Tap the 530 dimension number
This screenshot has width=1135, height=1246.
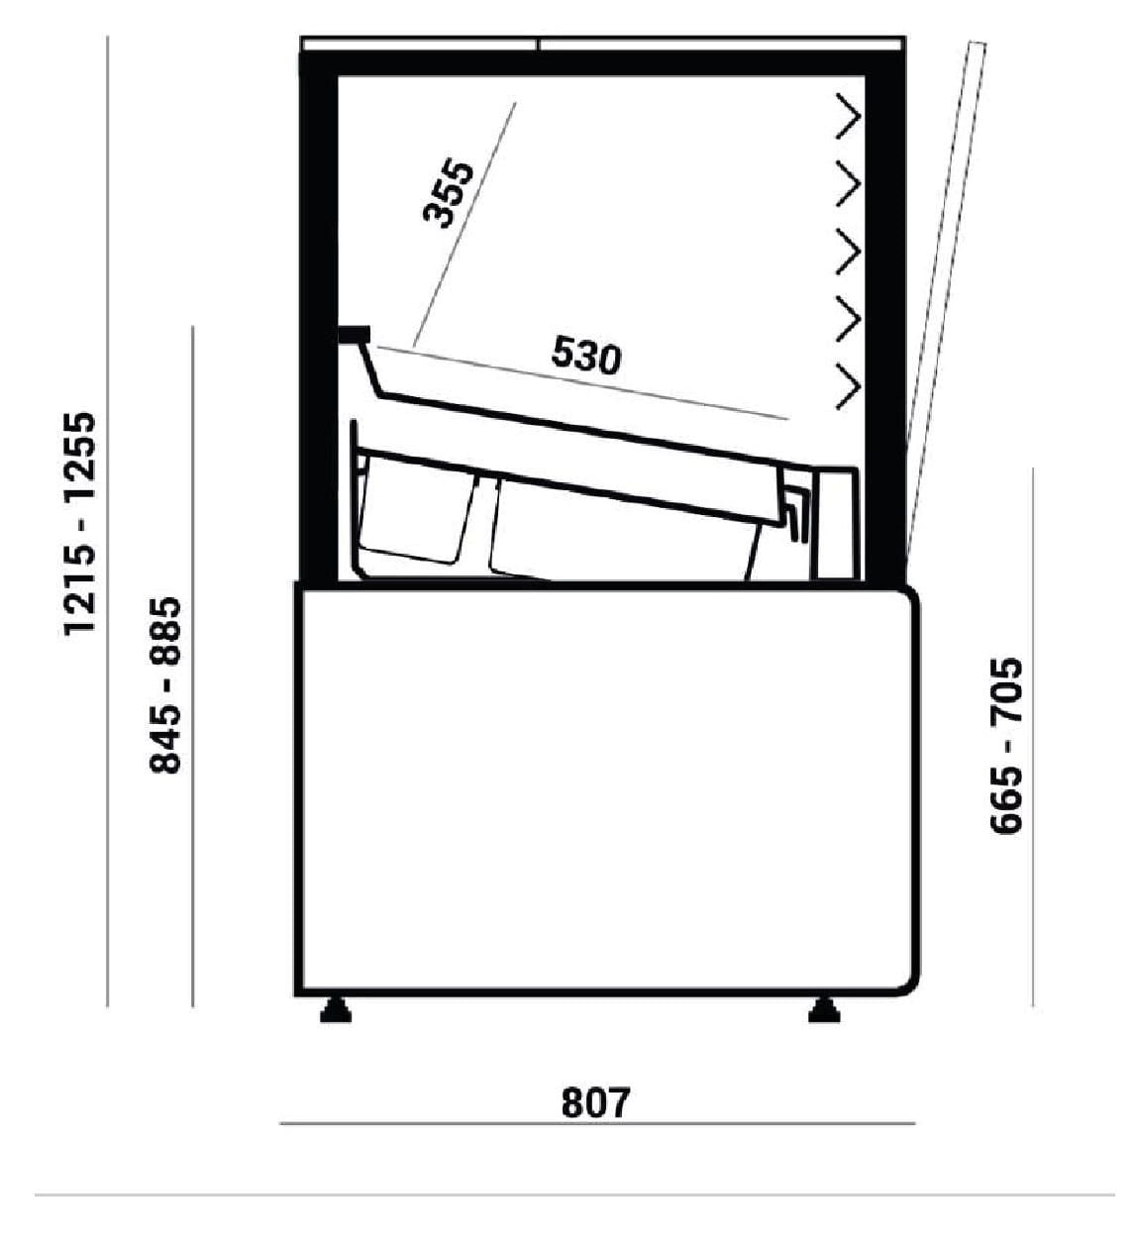pyautogui.click(x=586, y=355)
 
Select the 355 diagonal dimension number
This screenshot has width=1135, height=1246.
pyautogui.click(x=448, y=192)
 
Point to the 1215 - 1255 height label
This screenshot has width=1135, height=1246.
pyautogui.click(x=80, y=524)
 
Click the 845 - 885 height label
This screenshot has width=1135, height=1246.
pyautogui.click(x=165, y=685)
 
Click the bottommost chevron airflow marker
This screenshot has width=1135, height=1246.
pyautogui.click(x=849, y=387)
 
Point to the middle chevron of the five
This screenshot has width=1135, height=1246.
pyautogui.click(x=849, y=252)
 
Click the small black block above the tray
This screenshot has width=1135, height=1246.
pyautogui.click(x=355, y=334)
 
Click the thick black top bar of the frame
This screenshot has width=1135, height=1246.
pyautogui.click(x=602, y=63)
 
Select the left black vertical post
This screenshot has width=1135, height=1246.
pyautogui.click(x=319, y=317)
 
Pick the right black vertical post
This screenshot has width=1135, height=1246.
pyautogui.click(x=885, y=317)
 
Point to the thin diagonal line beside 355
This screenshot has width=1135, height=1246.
pyautogui.click(x=464, y=224)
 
